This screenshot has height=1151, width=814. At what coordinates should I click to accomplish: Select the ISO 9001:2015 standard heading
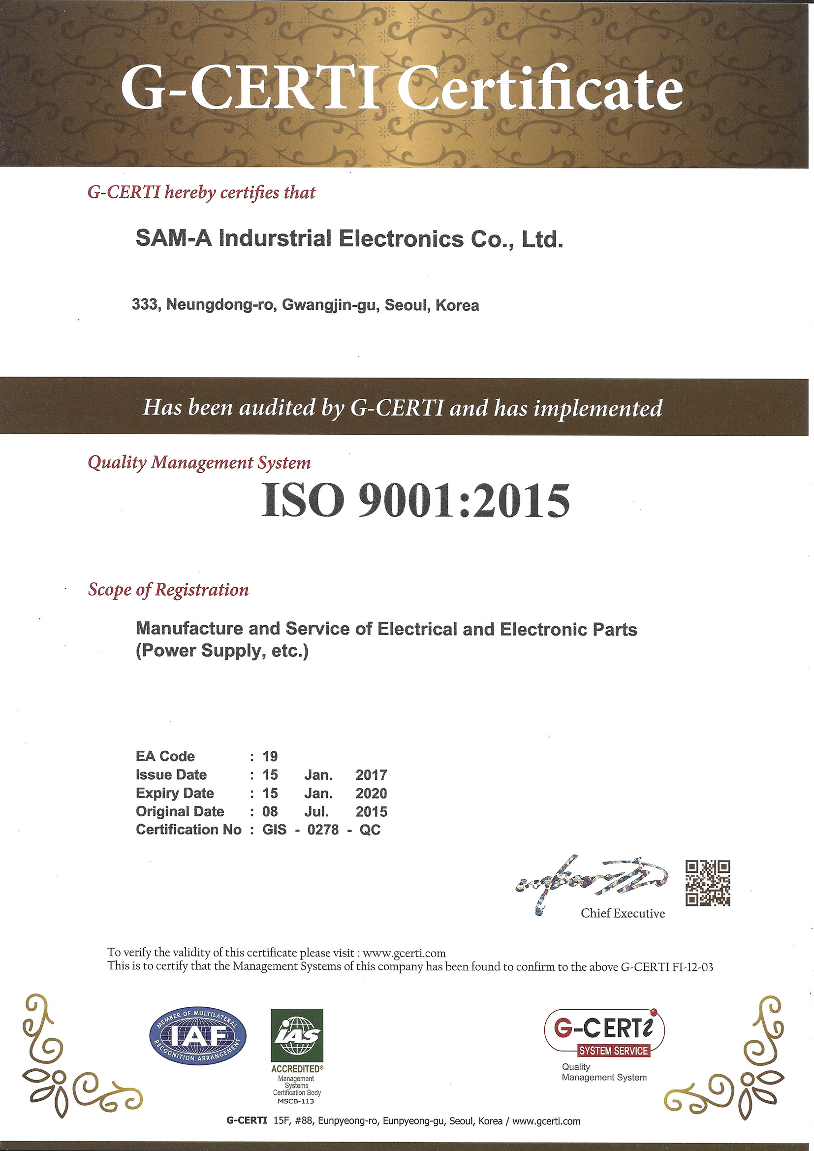pos(415,501)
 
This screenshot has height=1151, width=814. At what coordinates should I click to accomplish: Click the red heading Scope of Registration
pos(168,590)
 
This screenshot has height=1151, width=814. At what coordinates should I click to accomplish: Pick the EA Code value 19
pos(270,756)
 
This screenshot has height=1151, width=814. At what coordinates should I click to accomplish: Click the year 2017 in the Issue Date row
pos(371,775)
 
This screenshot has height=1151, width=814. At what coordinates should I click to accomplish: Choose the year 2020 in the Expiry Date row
pos(371,793)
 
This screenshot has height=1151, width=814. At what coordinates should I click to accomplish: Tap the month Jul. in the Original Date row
pos(317,812)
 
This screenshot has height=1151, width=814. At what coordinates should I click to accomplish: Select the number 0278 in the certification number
pos(323,830)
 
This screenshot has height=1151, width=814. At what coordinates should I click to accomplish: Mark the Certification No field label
pos(188,830)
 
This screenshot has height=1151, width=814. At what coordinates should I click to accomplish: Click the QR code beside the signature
pos(708,883)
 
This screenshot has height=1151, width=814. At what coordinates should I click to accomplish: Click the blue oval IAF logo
pos(198,1036)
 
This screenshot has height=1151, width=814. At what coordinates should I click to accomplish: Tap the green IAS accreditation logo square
pos(297,1035)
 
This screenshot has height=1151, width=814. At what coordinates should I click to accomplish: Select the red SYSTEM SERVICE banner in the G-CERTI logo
pos(613,1050)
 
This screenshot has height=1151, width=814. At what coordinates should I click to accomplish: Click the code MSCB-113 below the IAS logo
pos(296,1101)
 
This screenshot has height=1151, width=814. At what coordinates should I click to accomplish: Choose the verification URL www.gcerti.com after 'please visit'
pos(404,953)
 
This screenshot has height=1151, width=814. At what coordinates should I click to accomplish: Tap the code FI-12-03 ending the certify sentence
pos(692,967)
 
